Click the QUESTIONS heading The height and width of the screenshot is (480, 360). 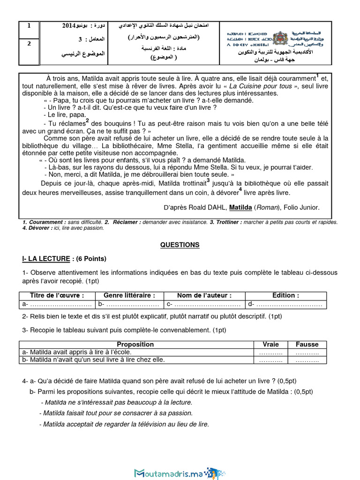(180, 245)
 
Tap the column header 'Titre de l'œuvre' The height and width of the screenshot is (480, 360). (57, 295)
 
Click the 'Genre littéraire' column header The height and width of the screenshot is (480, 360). (129, 295)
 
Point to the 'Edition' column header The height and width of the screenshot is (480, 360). (285, 295)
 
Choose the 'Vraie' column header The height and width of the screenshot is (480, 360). (270, 344)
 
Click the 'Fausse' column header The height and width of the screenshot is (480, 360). (307, 344)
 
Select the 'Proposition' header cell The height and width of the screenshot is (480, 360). (135, 344)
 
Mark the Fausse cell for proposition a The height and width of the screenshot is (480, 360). (307, 352)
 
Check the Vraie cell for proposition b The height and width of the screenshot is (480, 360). (270, 360)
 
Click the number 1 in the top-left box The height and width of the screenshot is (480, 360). (29, 26)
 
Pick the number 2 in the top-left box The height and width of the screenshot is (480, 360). (29, 44)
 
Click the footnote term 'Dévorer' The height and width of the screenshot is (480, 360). (40, 228)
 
